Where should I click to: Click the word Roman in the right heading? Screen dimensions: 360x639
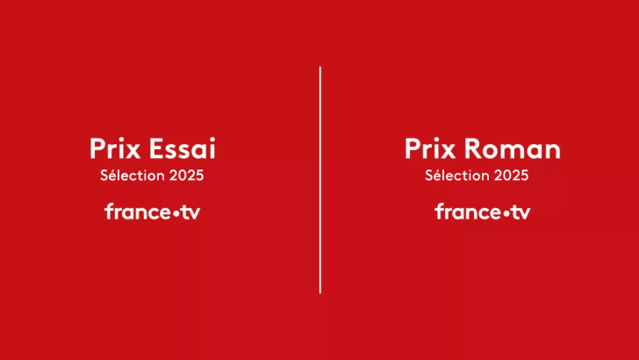coord(516,148)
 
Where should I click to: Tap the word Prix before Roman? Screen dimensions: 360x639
coord(426,148)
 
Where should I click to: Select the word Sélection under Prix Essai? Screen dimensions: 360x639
coord(133,175)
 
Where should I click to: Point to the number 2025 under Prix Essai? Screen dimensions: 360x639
coord(186,175)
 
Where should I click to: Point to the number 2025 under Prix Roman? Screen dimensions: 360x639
coord(511,175)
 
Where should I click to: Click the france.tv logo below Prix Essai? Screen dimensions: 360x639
coord(153,212)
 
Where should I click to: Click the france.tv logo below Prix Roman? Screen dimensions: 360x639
coord(483,212)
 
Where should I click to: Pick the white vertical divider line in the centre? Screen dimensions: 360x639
coord(319,180)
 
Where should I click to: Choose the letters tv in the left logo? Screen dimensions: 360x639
coord(190,212)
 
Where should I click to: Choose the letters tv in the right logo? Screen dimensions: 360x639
coord(520,212)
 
